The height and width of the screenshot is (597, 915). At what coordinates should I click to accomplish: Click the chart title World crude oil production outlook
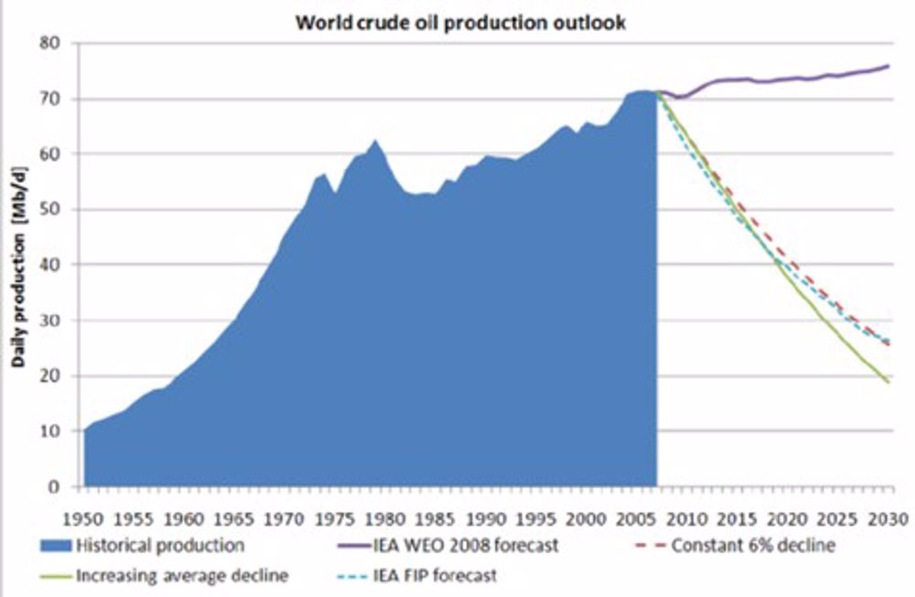(x=460, y=23)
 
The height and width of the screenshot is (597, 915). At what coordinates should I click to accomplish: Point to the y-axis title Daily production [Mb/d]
(x=17, y=265)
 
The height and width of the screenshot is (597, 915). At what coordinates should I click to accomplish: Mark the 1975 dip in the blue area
(x=335, y=192)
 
